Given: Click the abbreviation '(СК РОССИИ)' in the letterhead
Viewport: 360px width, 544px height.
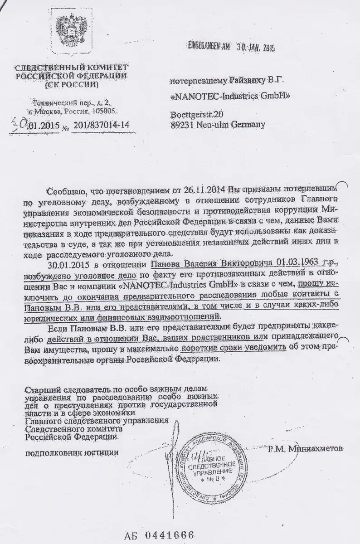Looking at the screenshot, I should click(74, 85).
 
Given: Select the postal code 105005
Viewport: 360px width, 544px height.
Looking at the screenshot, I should click(106, 110).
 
